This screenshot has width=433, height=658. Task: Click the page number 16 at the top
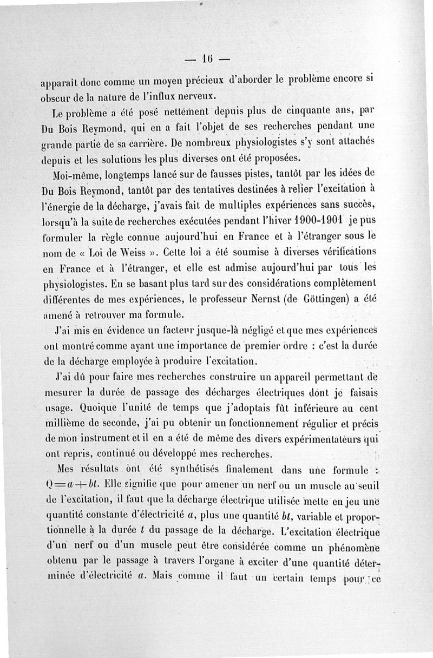(x=206, y=58)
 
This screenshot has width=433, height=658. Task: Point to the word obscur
(x=56, y=97)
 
